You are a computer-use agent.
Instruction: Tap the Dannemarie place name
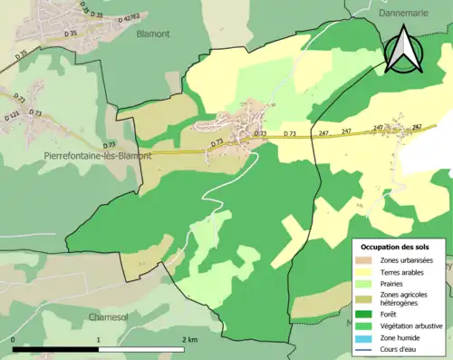point(405,15)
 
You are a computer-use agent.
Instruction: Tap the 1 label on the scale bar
point(98,339)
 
